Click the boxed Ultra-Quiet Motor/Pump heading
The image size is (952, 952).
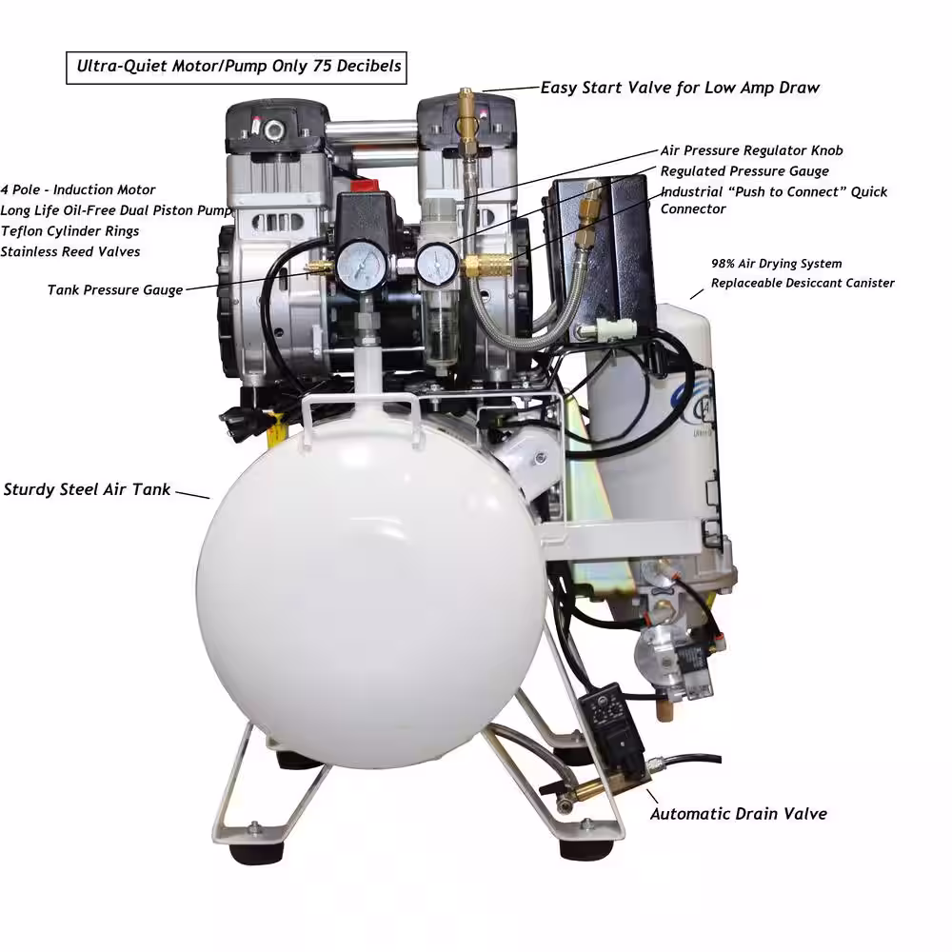click(x=236, y=67)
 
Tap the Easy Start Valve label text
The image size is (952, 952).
click(x=680, y=88)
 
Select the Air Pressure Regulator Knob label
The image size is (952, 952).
click(x=752, y=150)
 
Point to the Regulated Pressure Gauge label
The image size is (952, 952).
click(x=744, y=171)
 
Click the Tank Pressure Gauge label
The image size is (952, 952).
click(x=115, y=290)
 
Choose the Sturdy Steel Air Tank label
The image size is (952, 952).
click(x=87, y=490)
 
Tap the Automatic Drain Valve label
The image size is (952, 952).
click(x=739, y=814)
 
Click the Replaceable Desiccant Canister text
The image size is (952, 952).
click(x=803, y=283)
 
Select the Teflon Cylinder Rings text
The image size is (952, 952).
click(x=69, y=231)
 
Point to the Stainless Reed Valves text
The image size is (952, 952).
click(x=69, y=252)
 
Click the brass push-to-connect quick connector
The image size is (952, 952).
click(x=486, y=264)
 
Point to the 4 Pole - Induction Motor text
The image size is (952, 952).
click(x=78, y=190)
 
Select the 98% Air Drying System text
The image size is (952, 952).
click(x=777, y=264)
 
